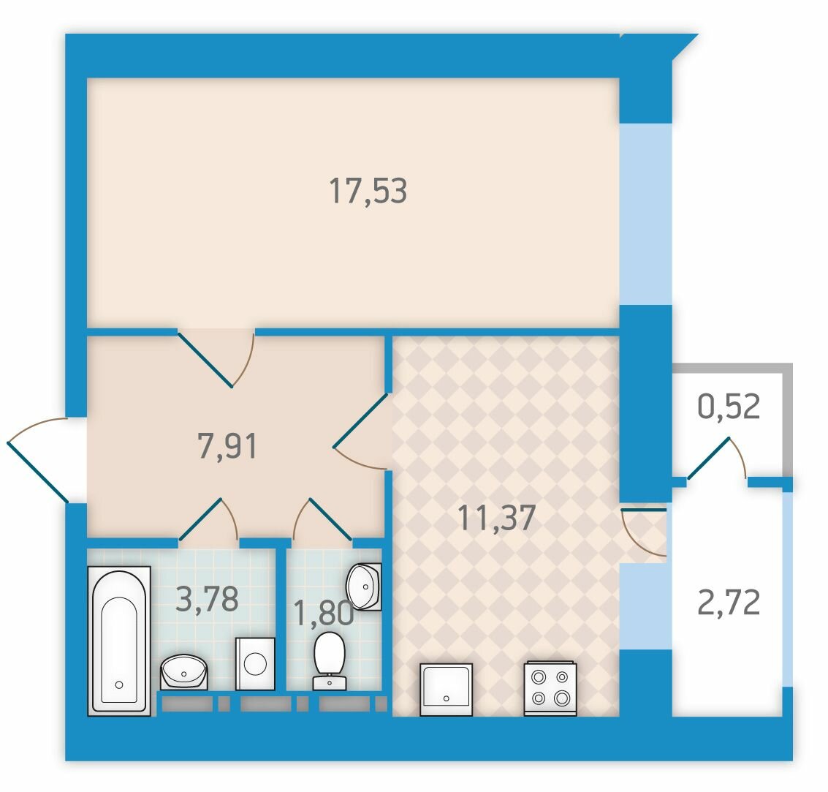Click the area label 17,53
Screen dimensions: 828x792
(x=368, y=192)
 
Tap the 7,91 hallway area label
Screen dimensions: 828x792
(x=227, y=445)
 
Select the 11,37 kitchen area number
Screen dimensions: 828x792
(x=496, y=517)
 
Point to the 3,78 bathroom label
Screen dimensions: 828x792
(x=207, y=599)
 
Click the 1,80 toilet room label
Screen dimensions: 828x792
(x=323, y=614)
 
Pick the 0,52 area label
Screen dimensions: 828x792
(x=729, y=406)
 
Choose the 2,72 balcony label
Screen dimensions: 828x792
(x=729, y=603)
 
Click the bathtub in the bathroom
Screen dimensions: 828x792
(x=119, y=641)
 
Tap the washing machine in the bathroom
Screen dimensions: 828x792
(x=255, y=663)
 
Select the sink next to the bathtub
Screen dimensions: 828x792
(x=183, y=672)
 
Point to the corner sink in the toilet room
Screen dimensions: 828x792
(x=364, y=587)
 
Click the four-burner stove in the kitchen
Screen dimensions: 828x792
(x=550, y=689)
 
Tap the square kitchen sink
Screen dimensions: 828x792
(x=447, y=690)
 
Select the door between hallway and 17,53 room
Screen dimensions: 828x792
(x=216, y=358)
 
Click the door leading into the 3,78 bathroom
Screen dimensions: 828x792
(x=208, y=521)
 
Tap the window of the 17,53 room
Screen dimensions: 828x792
(x=645, y=214)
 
